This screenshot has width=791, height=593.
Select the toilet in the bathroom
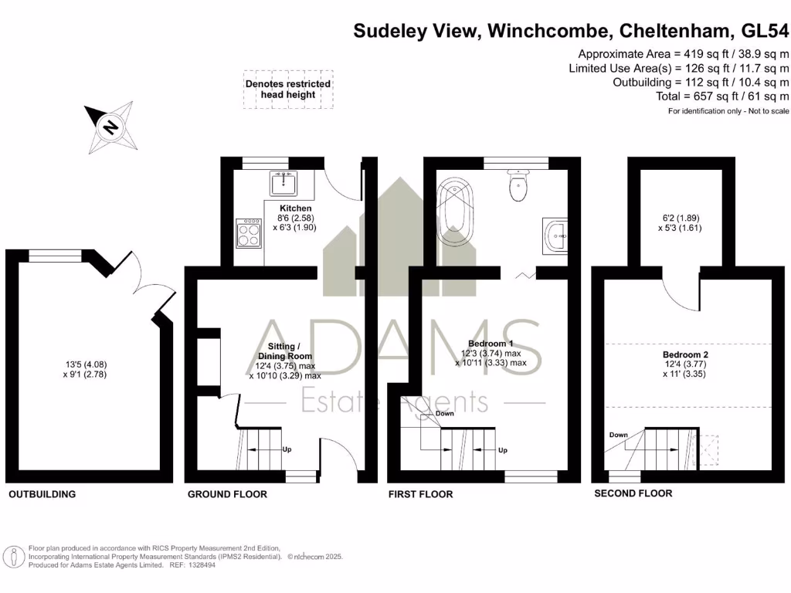coord(518,185)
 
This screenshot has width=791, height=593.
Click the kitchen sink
coord(283,184)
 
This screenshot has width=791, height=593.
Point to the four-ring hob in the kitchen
coord(249,233)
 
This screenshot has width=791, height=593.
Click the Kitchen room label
coord(296,208)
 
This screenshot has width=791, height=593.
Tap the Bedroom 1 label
coord(491,343)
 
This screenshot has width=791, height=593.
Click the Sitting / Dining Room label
coord(284,351)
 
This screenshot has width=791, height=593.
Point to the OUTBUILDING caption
coord(42,494)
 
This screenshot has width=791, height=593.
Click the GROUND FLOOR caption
coord(227,494)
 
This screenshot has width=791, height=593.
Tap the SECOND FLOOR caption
coord(633,493)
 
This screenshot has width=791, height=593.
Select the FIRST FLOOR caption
coord(420,494)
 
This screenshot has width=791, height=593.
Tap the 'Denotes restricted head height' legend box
coord(288,90)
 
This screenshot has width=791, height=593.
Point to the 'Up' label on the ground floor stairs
coord(287,449)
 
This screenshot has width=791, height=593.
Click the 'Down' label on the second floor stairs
coord(618,435)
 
